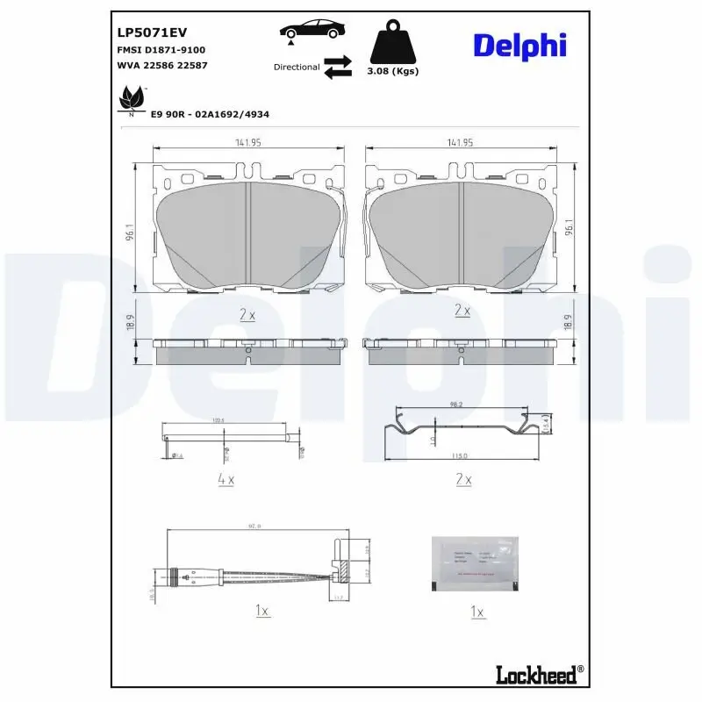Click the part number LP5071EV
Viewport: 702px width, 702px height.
152,32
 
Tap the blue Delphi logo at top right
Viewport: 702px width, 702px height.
520,47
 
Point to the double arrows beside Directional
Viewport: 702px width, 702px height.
337,67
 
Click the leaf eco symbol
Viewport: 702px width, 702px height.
132,99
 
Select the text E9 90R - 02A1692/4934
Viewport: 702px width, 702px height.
210,114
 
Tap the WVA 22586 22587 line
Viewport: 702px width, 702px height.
161,65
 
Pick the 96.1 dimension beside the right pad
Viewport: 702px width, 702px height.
569,228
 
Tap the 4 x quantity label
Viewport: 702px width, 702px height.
225,479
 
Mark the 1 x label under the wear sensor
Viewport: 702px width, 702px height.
261,611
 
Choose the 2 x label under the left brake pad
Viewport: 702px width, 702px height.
247,312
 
